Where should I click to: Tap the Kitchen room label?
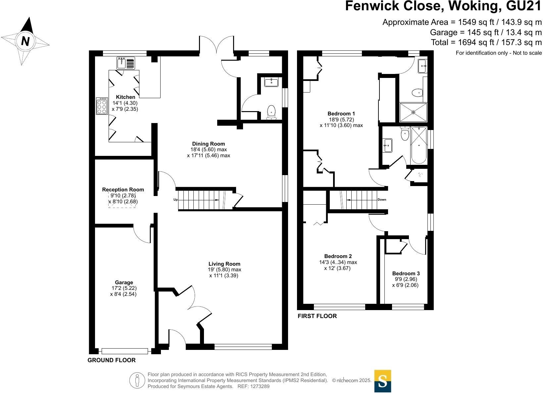125,97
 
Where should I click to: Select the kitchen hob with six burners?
102,106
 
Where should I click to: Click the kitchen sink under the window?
126,63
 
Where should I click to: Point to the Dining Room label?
209,144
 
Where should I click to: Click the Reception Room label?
123,190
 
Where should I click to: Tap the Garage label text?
124,283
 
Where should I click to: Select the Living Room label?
224,264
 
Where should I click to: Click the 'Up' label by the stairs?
175,200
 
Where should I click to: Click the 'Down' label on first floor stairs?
382,200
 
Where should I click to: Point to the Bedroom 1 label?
341,114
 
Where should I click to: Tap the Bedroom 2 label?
338,256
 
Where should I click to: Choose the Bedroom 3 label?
406,274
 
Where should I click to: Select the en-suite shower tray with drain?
413,112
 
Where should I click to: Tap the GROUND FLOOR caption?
112,360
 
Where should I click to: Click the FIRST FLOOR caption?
317,316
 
